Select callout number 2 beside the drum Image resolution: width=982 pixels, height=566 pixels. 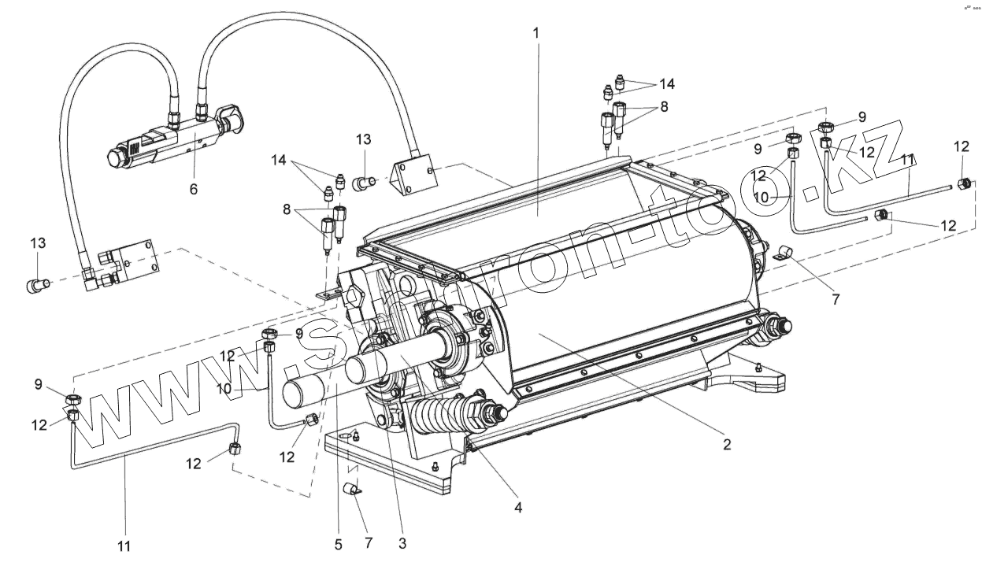coord(727,445)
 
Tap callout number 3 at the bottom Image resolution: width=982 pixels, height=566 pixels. coord(402,543)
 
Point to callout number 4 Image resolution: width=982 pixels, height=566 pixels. coord(517,508)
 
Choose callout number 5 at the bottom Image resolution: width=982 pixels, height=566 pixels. coord(338,544)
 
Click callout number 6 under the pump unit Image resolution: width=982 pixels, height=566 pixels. coord(194,189)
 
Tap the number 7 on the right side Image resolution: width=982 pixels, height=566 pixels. coord(836,299)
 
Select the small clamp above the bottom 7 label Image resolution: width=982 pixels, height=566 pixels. coord(352,490)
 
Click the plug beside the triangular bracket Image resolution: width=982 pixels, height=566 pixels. coord(364,184)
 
